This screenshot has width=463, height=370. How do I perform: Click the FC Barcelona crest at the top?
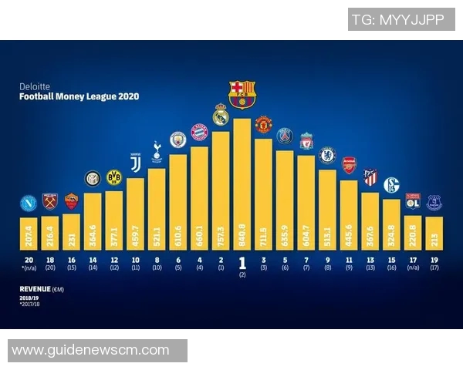pyautogui.click(x=242, y=93)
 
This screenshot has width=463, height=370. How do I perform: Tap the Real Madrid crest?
pyautogui.click(x=221, y=115)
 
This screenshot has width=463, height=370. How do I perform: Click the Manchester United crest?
pyautogui.click(x=263, y=124)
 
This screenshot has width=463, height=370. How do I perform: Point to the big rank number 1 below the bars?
pyautogui.click(x=242, y=262)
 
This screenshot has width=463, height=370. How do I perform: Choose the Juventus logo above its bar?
pyautogui.click(x=136, y=163)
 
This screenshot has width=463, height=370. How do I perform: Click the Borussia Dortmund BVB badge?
pyautogui.click(x=114, y=177)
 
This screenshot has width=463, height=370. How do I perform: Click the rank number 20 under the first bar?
pyautogui.click(x=29, y=261)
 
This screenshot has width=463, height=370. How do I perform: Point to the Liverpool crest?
pyautogui.click(x=306, y=140)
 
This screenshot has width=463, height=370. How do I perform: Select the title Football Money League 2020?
pyautogui.click(x=79, y=98)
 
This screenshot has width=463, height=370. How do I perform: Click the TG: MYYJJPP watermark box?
pyautogui.click(x=398, y=19)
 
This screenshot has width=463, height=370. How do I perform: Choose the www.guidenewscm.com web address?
pyautogui.click(x=90, y=351)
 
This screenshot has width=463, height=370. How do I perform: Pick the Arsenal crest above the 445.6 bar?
pyautogui.click(x=349, y=165)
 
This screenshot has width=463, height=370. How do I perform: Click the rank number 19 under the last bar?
pyautogui.click(x=434, y=261)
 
